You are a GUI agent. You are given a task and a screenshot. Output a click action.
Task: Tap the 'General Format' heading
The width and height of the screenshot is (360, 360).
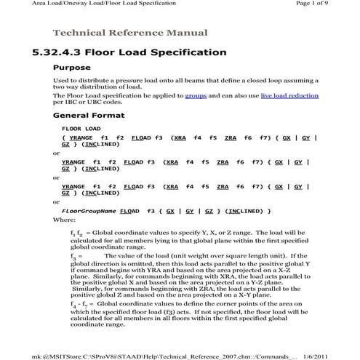tap(89, 116)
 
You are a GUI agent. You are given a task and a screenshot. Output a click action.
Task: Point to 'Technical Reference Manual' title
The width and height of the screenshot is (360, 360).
tap(130, 33)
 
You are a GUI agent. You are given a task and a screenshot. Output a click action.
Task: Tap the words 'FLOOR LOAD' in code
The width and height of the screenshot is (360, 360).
tap(80, 128)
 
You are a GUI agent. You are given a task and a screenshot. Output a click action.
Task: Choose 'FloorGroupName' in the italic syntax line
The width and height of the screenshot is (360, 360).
tap(89, 211)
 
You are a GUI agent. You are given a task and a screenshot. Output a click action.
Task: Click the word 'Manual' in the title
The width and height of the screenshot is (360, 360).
tap(189, 33)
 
